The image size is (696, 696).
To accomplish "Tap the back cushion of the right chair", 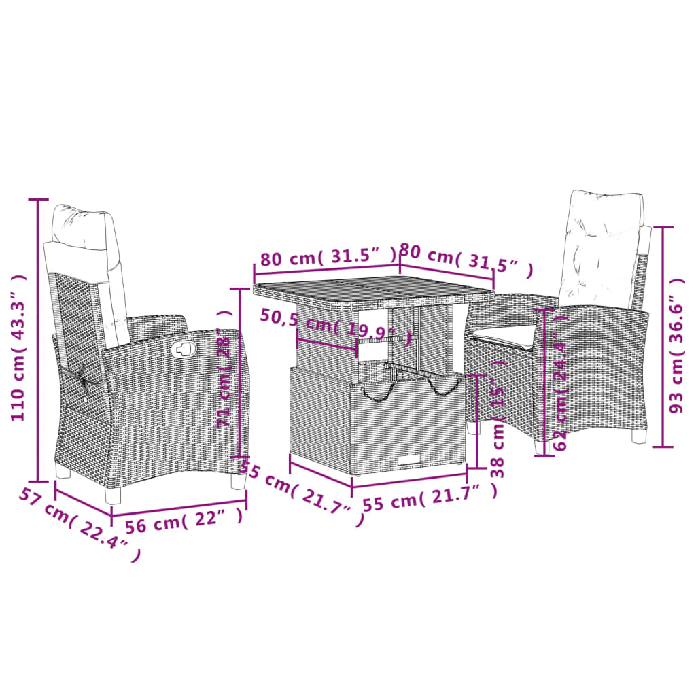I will coord(601,248).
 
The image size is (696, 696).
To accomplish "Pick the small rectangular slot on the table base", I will coord(409,461).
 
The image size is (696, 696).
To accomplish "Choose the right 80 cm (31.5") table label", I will coord(466,261).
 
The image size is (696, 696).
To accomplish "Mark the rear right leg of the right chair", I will coord(639,436).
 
